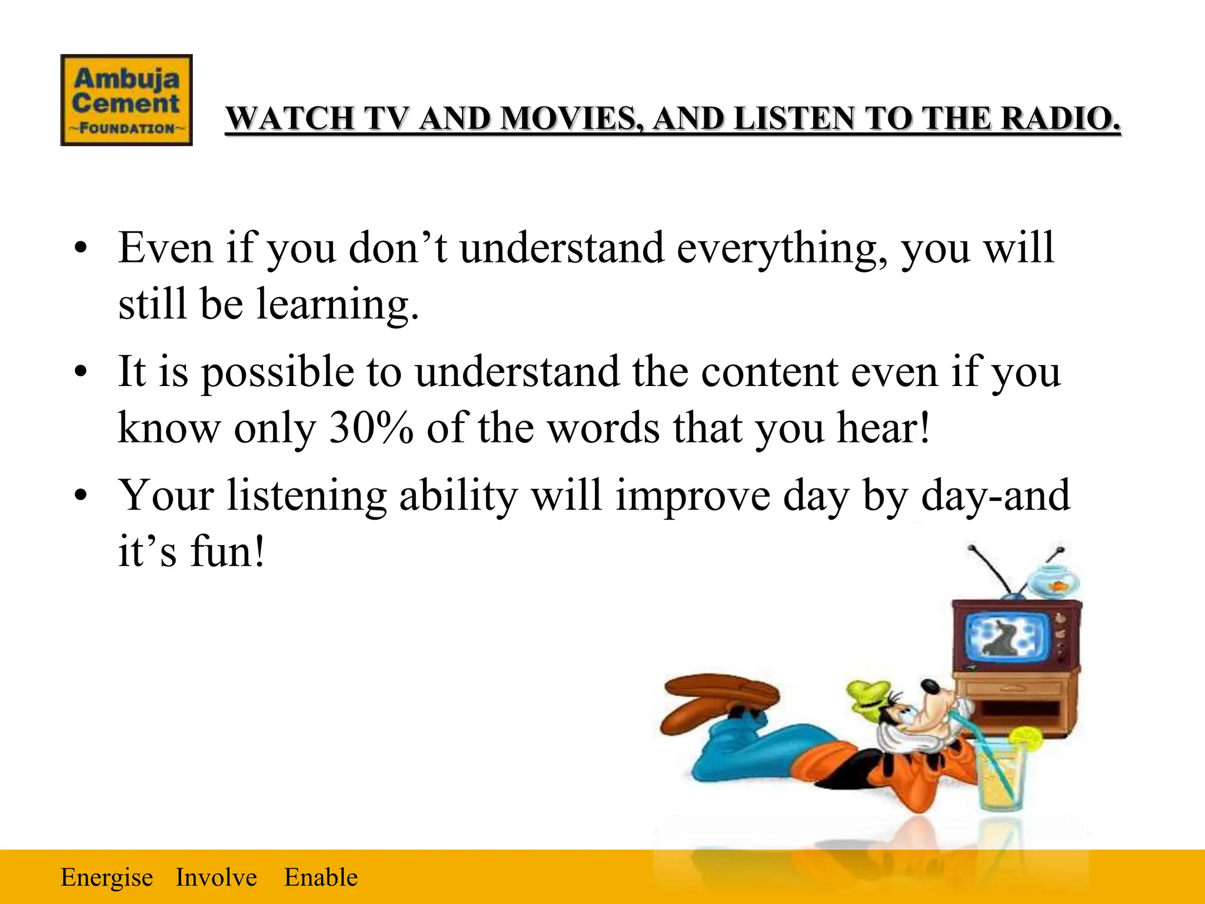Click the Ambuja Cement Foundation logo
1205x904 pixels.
(127, 100)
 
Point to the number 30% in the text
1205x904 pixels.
(371, 428)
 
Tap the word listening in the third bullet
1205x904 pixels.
(307, 496)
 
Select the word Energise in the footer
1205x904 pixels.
(106, 878)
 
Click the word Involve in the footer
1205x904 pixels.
(216, 878)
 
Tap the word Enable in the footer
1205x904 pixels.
(321, 878)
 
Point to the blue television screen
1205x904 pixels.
(1007, 639)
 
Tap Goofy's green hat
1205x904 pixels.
(868, 694)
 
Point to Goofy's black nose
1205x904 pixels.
(930, 687)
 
